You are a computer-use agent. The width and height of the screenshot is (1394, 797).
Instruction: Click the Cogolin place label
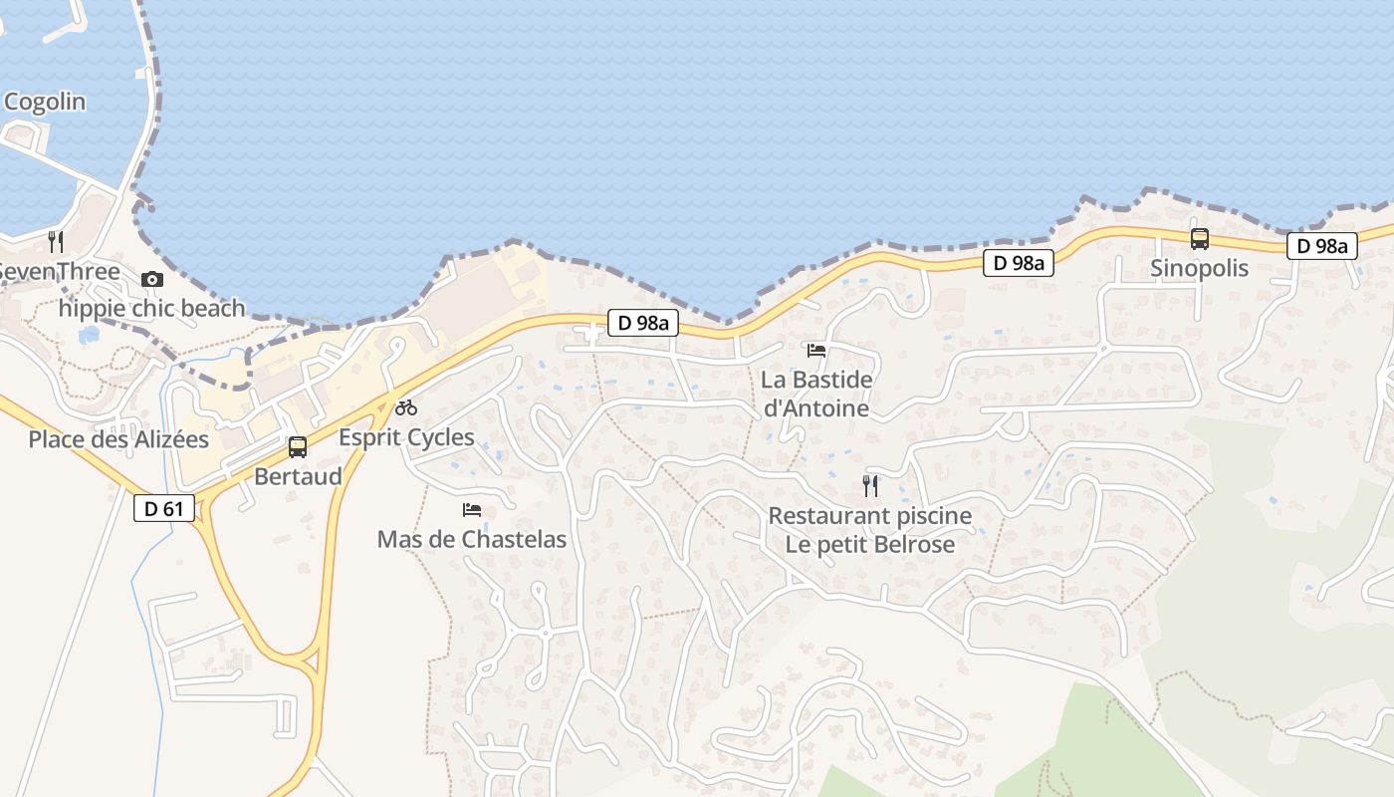pyautogui.click(x=45, y=102)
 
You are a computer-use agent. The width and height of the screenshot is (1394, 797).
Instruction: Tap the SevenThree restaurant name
pyautogui.click(x=60, y=271)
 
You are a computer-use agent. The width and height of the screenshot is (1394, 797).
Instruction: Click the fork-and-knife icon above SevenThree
pyautogui.click(x=56, y=241)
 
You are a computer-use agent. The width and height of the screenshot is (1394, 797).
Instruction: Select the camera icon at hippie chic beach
pyautogui.click(x=151, y=279)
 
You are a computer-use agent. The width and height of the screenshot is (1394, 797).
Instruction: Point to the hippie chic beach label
pyautogui.click(x=151, y=308)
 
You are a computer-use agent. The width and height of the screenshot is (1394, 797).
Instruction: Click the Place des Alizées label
pyautogui.click(x=118, y=439)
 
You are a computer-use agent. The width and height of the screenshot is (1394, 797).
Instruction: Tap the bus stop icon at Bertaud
pyautogui.click(x=297, y=447)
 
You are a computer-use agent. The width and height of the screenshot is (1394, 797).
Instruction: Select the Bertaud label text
pyautogui.click(x=298, y=476)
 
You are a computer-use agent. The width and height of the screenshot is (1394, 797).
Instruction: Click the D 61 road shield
pyautogui.click(x=164, y=508)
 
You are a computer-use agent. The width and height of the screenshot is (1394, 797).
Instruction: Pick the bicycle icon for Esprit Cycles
pyautogui.click(x=405, y=406)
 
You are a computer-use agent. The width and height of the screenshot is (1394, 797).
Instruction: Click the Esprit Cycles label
pyautogui.click(x=406, y=436)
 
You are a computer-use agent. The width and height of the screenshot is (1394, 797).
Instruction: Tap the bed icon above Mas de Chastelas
pyautogui.click(x=472, y=510)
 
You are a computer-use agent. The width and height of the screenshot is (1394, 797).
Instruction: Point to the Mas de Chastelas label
pyautogui.click(x=471, y=540)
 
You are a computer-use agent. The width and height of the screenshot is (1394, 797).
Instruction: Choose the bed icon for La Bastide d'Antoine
pyautogui.click(x=816, y=350)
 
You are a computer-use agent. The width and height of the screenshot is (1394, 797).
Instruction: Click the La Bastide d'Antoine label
pyautogui.click(x=815, y=394)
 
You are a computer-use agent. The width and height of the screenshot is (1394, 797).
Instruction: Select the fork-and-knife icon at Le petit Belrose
pyautogui.click(x=870, y=485)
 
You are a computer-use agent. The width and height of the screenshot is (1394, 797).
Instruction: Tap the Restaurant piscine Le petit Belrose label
pyautogui.click(x=870, y=530)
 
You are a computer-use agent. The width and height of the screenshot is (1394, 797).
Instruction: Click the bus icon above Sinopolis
pyautogui.click(x=1200, y=239)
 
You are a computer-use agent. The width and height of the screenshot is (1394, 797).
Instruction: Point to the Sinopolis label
pyautogui.click(x=1199, y=268)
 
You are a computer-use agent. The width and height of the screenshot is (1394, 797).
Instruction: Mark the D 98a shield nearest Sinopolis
pyautogui.click(x=1322, y=246)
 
